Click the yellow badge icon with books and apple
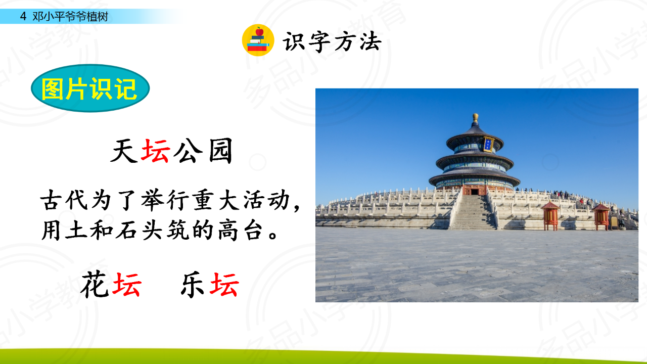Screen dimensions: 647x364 (x=258, y=40)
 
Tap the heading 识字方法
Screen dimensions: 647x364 (x=332, y=42)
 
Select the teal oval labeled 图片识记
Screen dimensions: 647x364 (x=90, y=88)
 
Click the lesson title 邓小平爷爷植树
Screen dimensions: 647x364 (x=70, y=17)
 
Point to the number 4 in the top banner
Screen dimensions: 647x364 (x=23, y=17)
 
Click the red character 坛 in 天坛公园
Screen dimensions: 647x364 (x=155, y=151)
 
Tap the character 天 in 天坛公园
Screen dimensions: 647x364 (x=124, y=151)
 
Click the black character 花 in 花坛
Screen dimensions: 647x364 (x=95, y=284)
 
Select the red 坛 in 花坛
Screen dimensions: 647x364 (x=127, y=285)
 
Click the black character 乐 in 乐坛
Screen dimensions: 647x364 (x=193, y=284)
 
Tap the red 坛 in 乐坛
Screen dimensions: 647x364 (x=224, y=285)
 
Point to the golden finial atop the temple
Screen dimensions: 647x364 (x=476, y=118)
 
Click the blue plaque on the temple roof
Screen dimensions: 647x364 (x=489, y=144)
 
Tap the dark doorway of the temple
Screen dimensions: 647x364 (x=475, y=192)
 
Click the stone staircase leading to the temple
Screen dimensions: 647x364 (x=474, y=212)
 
